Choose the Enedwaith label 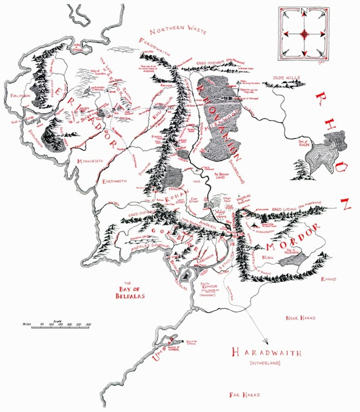click(116, 181)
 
